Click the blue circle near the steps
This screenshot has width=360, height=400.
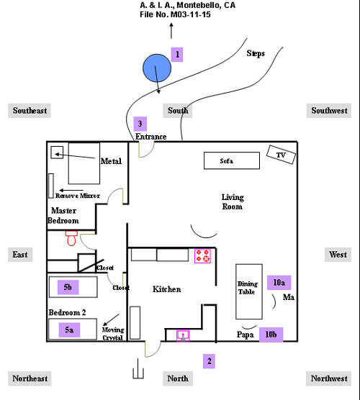coord(157,68)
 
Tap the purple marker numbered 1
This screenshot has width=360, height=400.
coord(177,55)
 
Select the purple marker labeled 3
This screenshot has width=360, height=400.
coord(140,124)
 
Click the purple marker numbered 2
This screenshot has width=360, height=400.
coord(209,361)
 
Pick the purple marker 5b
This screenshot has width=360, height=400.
coord(68,287)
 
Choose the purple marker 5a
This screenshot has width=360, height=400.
coord(69,329)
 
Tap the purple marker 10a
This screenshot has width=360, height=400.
coord(279,283)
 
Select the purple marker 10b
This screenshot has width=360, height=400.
coord(271,335)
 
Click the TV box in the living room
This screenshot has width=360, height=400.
coord(281,155)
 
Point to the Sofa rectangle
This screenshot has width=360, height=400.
coord(232,160)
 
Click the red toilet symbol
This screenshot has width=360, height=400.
coord(71,238)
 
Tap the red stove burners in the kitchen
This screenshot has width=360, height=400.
coord(202,256)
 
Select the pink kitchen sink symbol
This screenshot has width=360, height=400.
coord(183,335)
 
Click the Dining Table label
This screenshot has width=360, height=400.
coord(247,288)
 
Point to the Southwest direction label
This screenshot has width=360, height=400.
coord(329,111)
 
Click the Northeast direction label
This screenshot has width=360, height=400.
coord(30,378)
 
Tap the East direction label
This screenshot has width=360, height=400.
coord(20,255)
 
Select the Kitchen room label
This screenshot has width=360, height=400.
coord(167,289)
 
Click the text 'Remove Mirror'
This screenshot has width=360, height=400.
coord(78,196)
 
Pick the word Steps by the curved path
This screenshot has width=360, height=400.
coord(256,53)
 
